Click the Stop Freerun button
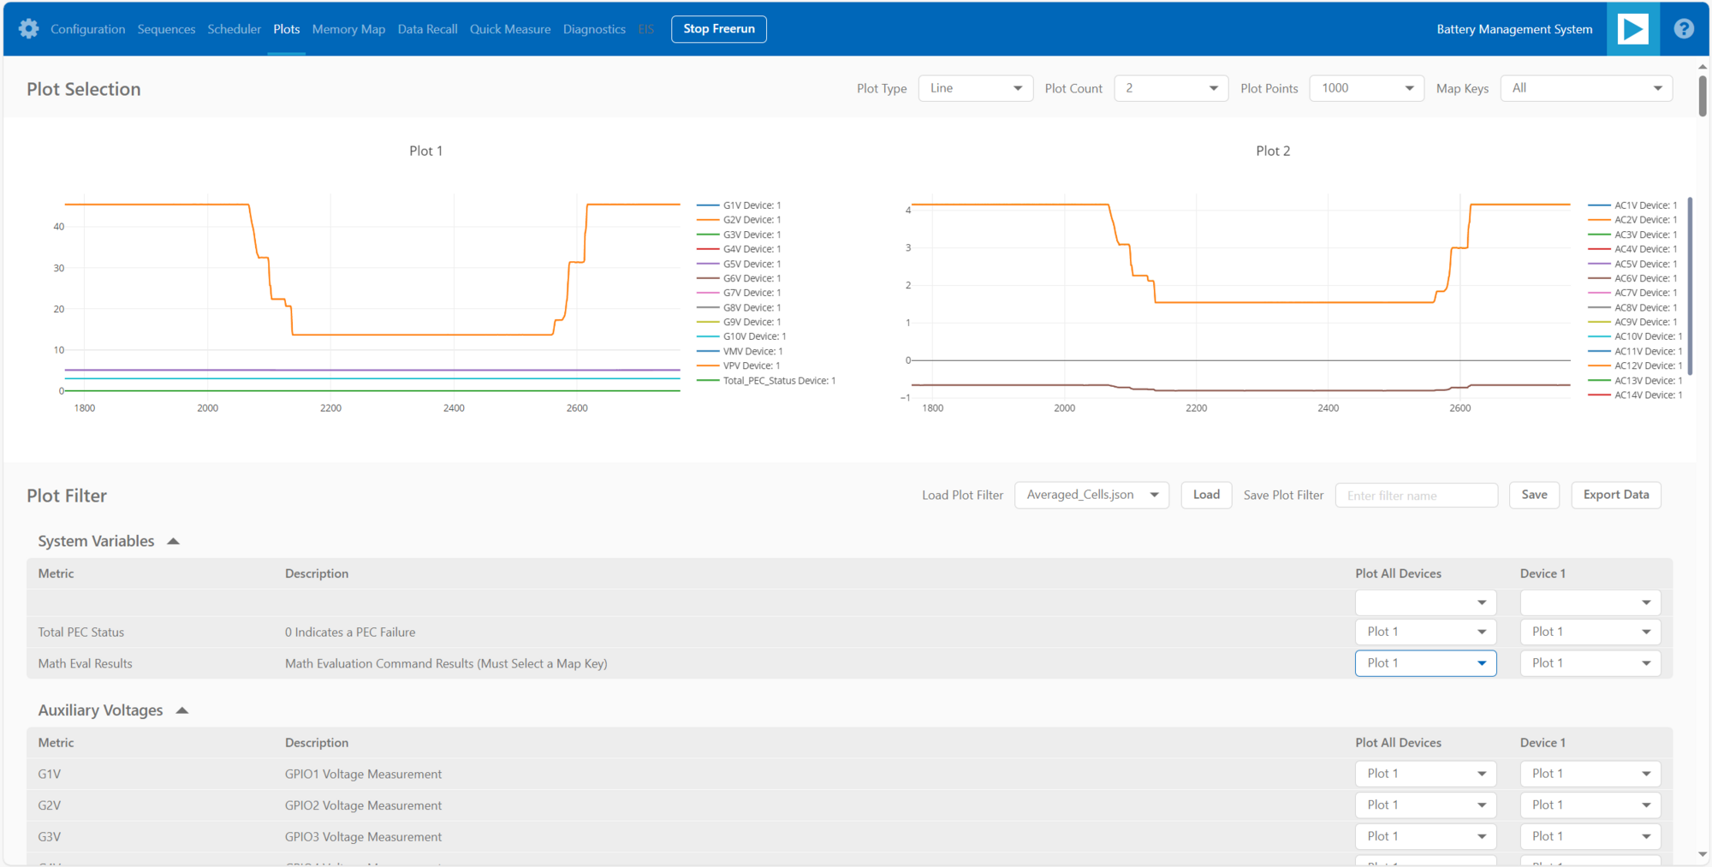[718, 29]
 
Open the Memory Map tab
[348, 29]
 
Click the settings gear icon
[28, 29]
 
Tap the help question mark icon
[1683, 29]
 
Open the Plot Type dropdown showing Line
[975, 88]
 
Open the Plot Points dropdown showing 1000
[1366, 88]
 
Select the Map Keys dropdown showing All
[1585, 88]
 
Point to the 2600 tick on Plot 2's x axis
[1459, 408]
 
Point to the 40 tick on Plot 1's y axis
[59, 227]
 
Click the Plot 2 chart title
[1272, 151]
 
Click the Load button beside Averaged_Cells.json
[1205, 495]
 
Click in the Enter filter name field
[1416, 496]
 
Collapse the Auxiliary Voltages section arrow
[181, 710]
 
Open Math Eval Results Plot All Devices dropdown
[1424, 663]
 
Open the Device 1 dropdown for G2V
[1590, 805]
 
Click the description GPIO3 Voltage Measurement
[363, 837]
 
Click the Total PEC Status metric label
[81, 632]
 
